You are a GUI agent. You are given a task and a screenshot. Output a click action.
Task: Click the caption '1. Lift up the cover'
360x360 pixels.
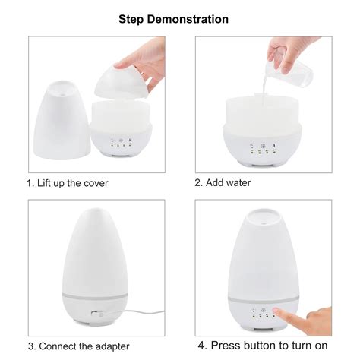(67, 183)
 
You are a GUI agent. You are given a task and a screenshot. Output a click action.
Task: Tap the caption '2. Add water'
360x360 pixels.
(223, 183)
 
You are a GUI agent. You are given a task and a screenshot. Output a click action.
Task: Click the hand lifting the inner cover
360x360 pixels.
(148, 65)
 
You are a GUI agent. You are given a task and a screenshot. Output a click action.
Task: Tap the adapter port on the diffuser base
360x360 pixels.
(95, 312)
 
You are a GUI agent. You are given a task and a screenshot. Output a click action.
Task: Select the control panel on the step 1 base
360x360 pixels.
(120, 144)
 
